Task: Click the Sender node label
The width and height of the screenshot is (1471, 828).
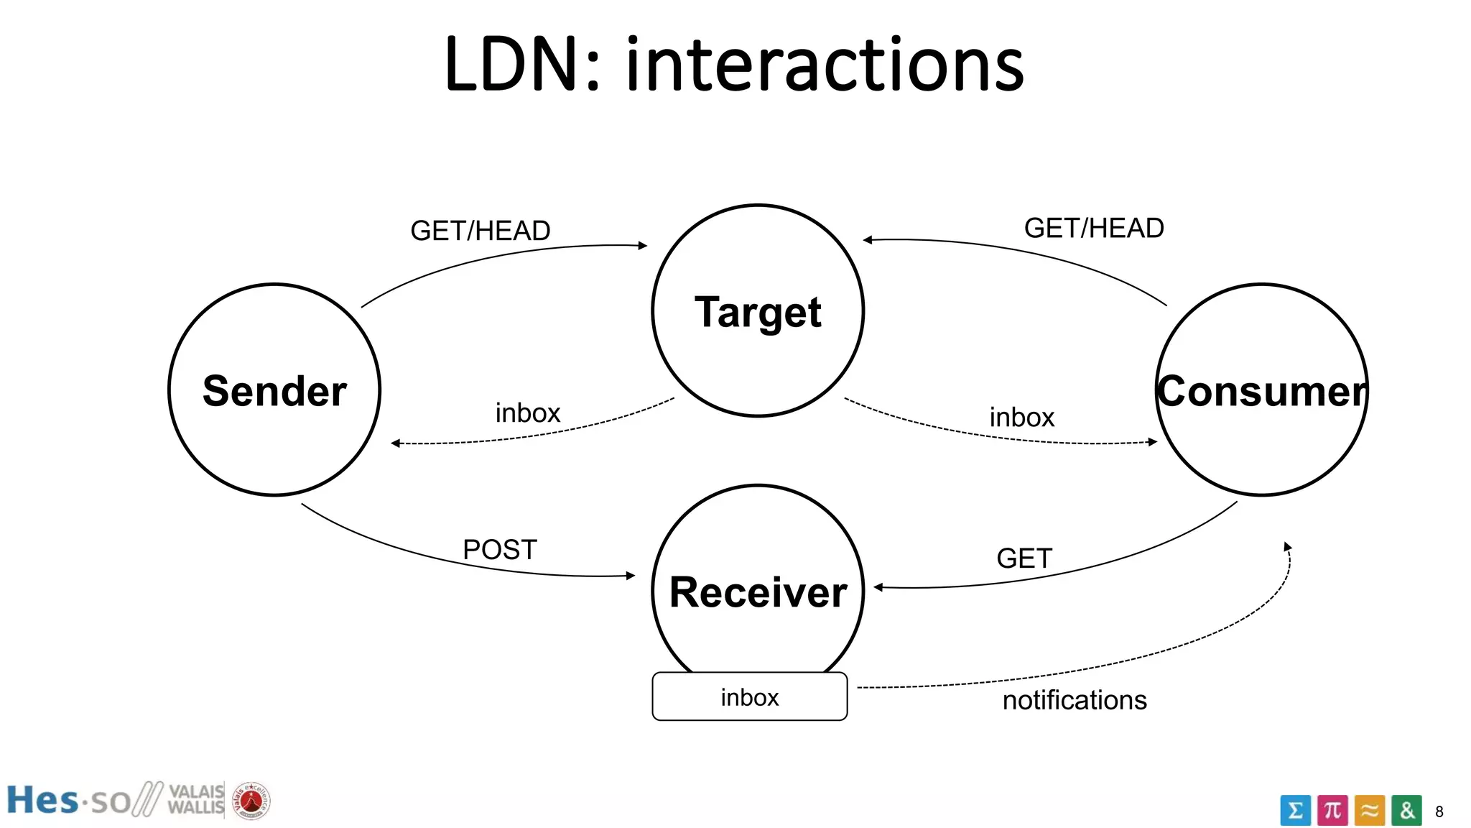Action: [x=274, y=391]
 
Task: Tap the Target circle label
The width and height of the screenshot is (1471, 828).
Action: [x=758, y=312]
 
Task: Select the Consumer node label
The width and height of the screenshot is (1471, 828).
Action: [x=1261, y=391]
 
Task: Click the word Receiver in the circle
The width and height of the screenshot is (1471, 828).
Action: [x=758, y=592]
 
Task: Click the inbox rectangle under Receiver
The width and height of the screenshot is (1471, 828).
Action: [x=749, y=696]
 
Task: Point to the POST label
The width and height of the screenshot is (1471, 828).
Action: [x=500, y=550]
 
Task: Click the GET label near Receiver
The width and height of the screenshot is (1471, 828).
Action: [x=1024, y=558]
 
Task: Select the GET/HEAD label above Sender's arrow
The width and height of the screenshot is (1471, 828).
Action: [x=480, y=231]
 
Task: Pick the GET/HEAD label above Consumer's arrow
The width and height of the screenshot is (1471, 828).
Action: [x=1093, y=228]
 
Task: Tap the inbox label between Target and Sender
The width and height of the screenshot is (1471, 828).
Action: [x=527, y=413]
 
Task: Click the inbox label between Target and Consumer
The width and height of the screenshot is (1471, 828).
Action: [x=1021, y=418]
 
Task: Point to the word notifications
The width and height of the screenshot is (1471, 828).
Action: [x=1075, y=700]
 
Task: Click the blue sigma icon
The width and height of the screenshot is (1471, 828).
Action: [x=1295, y=811]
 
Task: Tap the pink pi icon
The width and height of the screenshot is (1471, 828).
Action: [x=1332, y=811]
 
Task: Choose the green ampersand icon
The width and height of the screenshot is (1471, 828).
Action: [x=1406, y=811]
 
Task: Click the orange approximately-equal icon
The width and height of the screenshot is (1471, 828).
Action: [x=1370, y=811]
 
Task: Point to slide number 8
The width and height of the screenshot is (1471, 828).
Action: [x=1439, y=811]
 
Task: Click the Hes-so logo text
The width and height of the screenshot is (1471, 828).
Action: [x=69, y=801]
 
